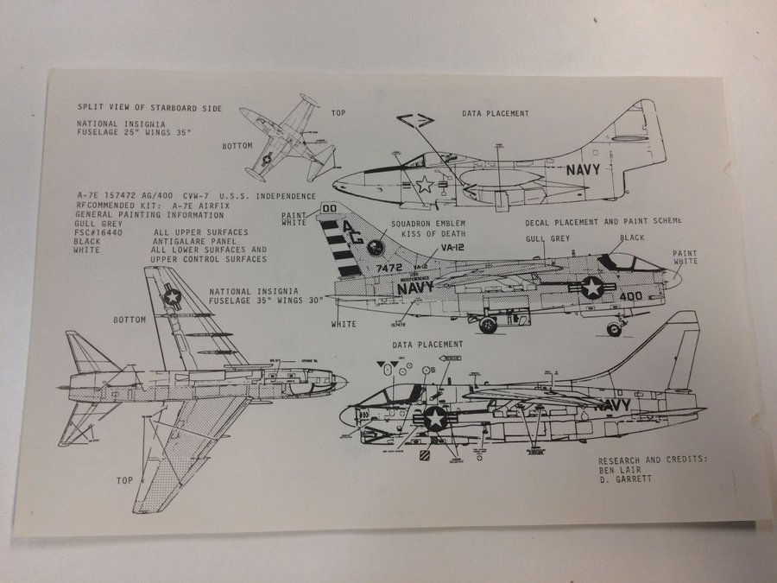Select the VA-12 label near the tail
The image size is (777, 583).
point(453,248)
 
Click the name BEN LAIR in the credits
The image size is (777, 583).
point(618,471)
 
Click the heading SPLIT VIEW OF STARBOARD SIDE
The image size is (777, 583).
point(149,108)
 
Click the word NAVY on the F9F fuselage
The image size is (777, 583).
point(590,169)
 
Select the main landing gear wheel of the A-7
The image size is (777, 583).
point(488,326)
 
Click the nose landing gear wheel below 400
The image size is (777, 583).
point(614,329)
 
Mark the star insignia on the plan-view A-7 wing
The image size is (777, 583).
point(172,297)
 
